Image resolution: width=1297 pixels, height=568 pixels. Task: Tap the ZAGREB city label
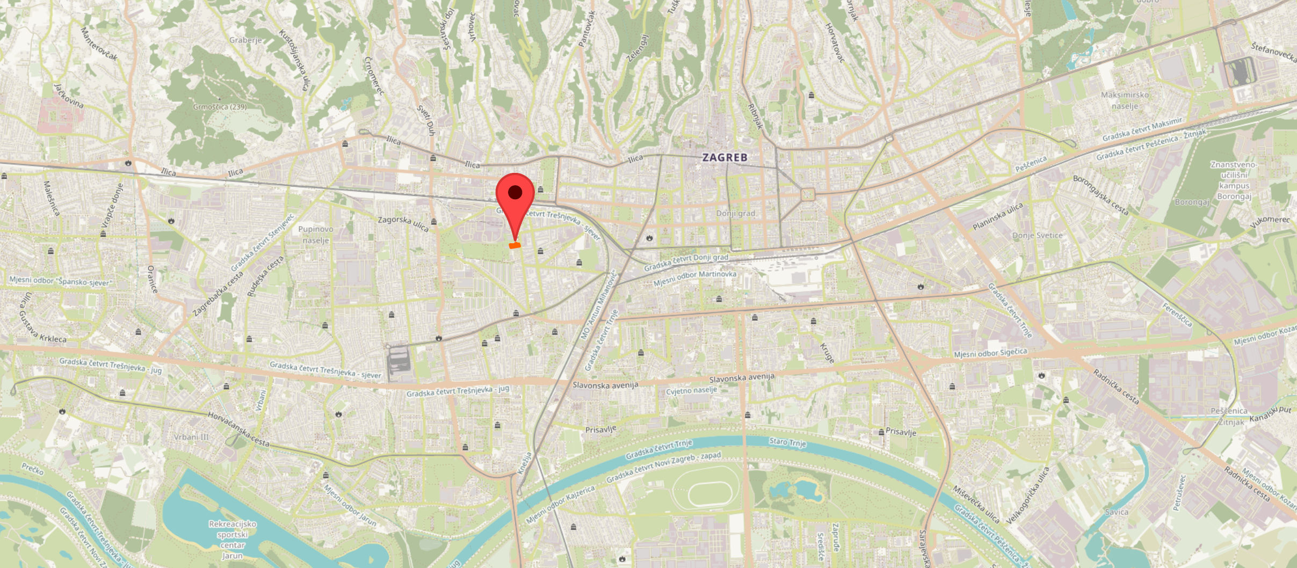click(x=724, y=157)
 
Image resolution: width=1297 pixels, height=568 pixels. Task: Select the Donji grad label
click(x=735, y=213)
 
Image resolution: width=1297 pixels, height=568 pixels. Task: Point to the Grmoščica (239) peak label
click(x=220, y=107)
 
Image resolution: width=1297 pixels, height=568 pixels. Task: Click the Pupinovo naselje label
click(x=316, y=235)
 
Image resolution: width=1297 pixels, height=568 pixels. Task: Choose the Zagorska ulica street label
click(x=403, y=223)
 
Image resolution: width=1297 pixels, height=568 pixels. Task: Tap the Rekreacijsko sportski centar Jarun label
click(x=233, y=540)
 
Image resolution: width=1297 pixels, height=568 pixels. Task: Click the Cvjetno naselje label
click(x=691, y=390)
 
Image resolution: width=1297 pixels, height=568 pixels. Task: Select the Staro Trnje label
click(x=787, y=442)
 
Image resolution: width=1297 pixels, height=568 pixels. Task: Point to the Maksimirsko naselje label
click(x=1125, y=100)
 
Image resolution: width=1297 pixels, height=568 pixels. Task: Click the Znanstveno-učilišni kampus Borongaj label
click(x=1234, y=180)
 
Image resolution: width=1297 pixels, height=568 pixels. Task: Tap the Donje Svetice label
click(x=1037, y=235)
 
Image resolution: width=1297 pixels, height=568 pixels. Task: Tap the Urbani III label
click(x=191, y=437)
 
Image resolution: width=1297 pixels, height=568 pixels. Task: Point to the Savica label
click(x=1117, y=512)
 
